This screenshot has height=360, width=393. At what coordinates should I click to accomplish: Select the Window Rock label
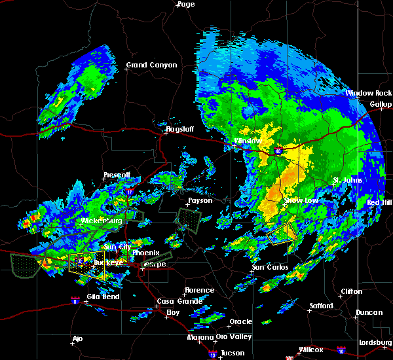click(x=369, y=93)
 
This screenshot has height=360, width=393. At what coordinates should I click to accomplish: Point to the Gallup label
click(x=381, y=104)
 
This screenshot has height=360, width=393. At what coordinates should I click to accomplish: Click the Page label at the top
click(x=185, y=4)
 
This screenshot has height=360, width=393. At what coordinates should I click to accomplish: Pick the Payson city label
click(x=200, y=200)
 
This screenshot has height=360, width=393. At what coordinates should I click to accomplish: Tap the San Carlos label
click(x=271, y=267)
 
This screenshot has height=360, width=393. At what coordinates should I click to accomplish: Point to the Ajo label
click(x=78, y=339)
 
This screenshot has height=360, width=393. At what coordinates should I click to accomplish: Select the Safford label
click(x=321, y=306)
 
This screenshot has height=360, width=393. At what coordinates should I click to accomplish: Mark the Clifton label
click(x=352, y=291)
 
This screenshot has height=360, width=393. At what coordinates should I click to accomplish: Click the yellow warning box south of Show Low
click(x=282, y=233)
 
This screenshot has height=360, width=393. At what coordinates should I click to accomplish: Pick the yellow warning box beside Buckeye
click(x=86, y=264)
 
